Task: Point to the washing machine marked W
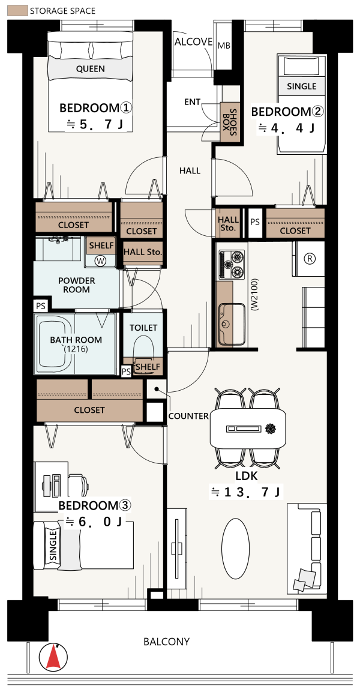click(x=101, y=260)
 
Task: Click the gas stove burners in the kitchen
click(x=232, y=264)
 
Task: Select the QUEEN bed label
click(x=91, y=68)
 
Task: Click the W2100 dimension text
click(x=254, y=294)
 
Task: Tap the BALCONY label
click(x=167, y=642)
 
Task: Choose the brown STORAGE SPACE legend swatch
click(x=17, y=11)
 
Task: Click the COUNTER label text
click(x=188, y=416)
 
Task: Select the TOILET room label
click(x=143, y=328)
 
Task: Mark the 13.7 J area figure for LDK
click(x=246, y=492)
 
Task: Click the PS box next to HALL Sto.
click(x=255, y=223)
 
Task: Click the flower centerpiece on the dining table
click(x=269, y=427)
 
